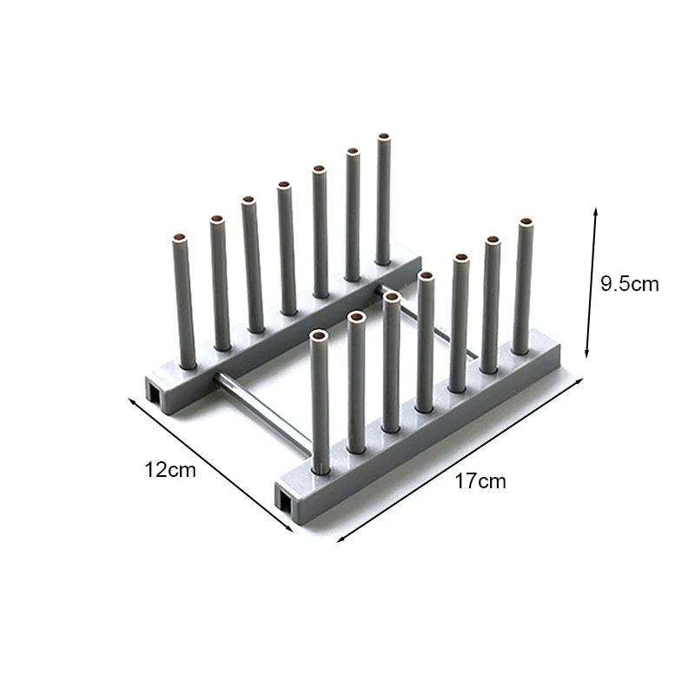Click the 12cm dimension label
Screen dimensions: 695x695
click(170, 470)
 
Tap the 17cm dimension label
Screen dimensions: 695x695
click(480, 481)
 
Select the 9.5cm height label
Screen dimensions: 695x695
click(629, 284)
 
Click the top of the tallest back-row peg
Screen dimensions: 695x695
click(384, 137)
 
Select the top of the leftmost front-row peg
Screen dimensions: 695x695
click(318, 336)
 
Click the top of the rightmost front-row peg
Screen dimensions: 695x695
click(526, 222)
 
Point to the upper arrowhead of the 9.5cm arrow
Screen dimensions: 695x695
click(596, 210)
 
